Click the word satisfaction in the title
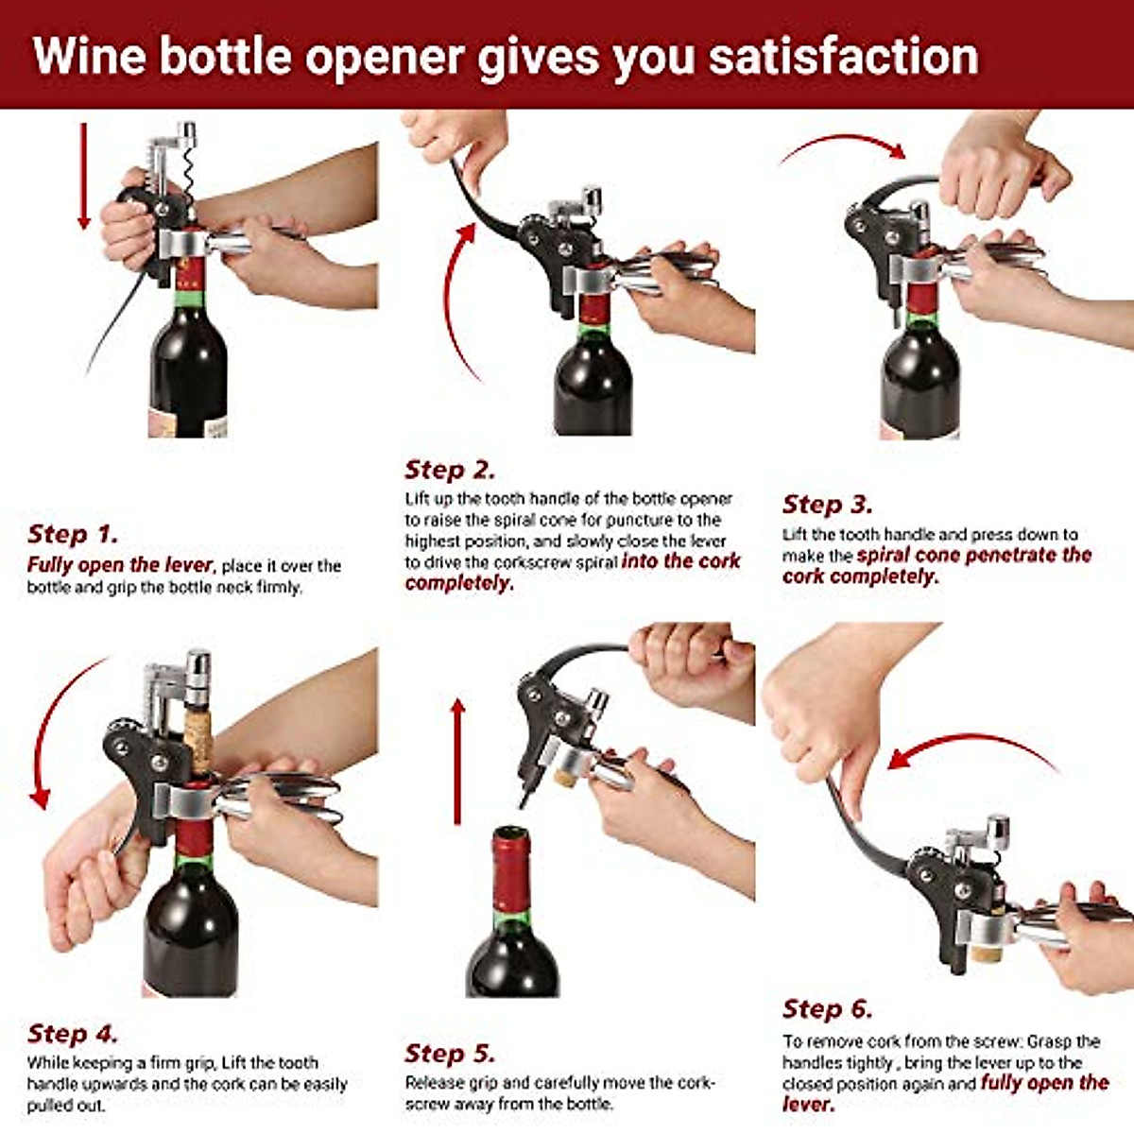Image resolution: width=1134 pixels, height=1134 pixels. tap(843, 57)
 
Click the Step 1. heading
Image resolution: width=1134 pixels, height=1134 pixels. tap(73, 534)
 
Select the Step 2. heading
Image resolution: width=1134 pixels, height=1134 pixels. tap(450, 470)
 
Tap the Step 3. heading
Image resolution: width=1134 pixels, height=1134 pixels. tap(827, 504)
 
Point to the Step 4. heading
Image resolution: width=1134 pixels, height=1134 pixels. tap(73, 1033)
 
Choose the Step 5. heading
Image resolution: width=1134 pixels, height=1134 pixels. tap(450, 1054)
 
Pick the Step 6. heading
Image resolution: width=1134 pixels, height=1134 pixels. tap(827, 1008)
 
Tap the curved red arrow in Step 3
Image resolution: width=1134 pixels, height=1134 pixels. tap(841, 144)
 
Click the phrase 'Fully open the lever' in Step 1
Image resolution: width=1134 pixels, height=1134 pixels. tap(119, 565)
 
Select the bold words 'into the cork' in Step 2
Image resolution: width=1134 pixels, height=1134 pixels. tap(680, 561)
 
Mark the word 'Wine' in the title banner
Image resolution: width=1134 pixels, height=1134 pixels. tap(89, 57)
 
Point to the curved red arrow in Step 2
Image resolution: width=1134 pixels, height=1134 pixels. tap(452, 302)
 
